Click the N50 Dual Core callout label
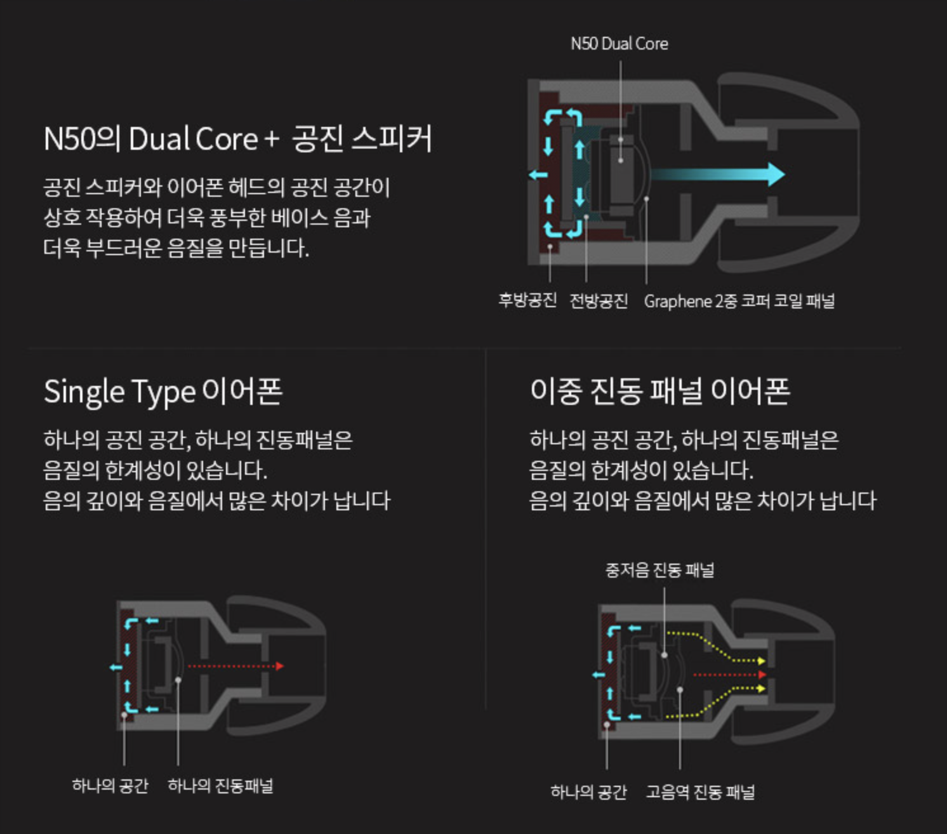619,44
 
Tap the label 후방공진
527,300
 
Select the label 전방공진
599,300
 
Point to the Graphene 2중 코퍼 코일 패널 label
739,301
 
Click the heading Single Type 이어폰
163,391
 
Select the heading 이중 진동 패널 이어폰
659,391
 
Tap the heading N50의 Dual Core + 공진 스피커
238,139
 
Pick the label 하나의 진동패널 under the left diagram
220,786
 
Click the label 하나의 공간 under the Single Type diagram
110,786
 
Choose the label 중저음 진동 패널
659,570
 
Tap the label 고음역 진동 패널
700,792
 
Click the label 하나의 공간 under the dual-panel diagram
588,792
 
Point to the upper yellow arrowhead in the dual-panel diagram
762,661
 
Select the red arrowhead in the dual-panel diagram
762,675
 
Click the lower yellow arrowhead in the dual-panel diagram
762,689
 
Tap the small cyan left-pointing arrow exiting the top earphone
538,175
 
